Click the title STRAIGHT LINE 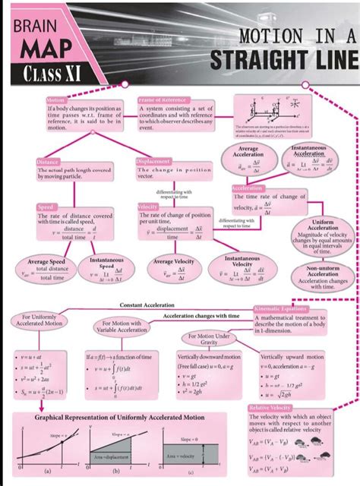click(x=285, y=61)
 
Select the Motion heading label click(x=55, y=100)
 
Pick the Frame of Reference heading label click(x=162, y=100)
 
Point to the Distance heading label click(x=49, y=162)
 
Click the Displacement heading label click(x=155, y=162)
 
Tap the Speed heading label click(x=46, y=207)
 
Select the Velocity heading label click(x=147, y=207)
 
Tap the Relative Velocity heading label click(x=270, y=409)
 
